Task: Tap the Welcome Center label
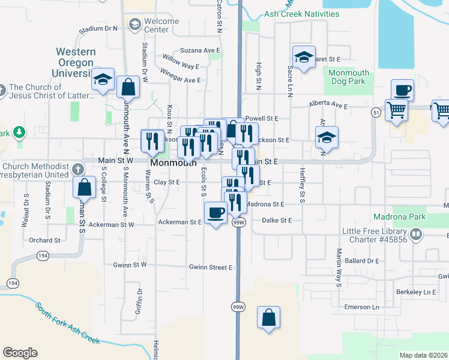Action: [161, 25]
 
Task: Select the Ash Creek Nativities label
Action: [310, 14]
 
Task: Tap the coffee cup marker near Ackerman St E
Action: [216, 212]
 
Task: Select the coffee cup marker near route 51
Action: [402, 91]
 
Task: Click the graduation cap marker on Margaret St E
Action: [304, 57]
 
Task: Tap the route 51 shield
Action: [376, 112]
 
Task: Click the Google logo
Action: [20, 353]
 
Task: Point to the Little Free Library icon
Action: [415, 233]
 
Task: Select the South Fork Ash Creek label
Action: [67, 323]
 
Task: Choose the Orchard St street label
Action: [44, 240]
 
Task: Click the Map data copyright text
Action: [423, 355]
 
